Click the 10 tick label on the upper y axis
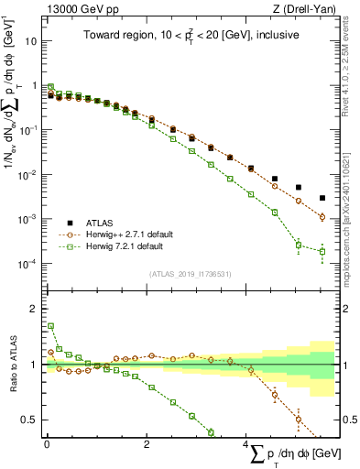tap(31, 41)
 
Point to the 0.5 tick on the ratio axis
tap(29, 420)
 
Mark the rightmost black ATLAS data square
tap(322, 198)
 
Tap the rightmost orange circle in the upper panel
tap(322, 217)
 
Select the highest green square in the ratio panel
tap(50, 326)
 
